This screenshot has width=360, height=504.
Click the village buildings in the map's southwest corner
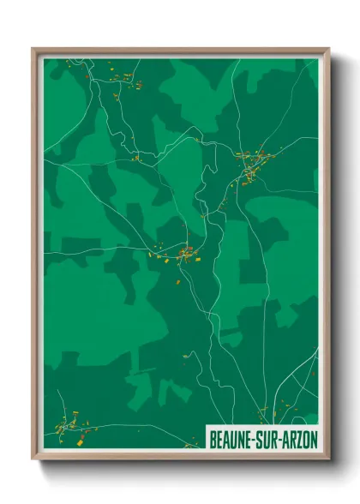click(x=73, y=424)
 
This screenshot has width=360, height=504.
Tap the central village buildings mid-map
click(x=184, y=254)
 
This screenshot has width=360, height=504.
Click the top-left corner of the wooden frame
click(x=33, y=49)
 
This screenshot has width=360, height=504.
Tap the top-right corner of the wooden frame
click(x=328, y=49)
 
